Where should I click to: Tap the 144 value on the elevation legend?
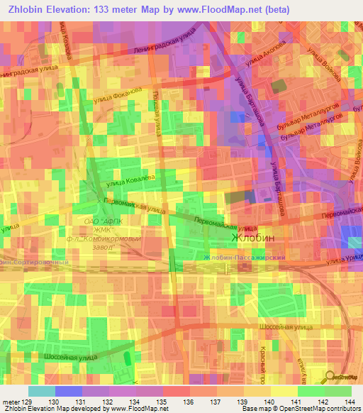347,402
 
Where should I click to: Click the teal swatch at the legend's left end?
42,391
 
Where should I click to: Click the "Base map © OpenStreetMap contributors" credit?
301,409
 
